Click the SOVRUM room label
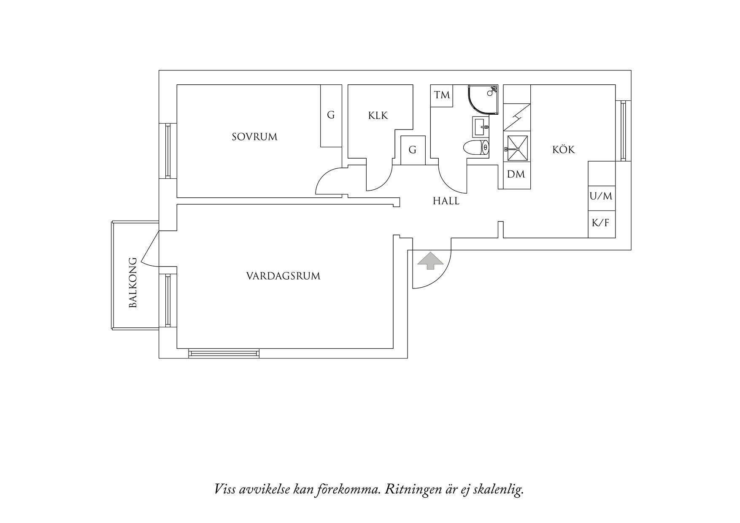[254, 137]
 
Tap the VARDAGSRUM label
[283, 276]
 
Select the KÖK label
[564, 150]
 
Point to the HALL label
[446, 201]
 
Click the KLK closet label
[378, 116]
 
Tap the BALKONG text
[133, 282]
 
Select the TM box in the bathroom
[442, 95]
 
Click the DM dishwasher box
[516, 174]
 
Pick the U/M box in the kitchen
[601, 196]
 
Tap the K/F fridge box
[601, 223]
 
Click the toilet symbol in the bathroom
[475, 148]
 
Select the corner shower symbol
[483, 99]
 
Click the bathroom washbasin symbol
[481, 127]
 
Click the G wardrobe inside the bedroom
[331, 115]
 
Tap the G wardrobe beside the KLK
[413, 150]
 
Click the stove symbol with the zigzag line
[517, 117]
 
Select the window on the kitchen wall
[624, 130]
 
